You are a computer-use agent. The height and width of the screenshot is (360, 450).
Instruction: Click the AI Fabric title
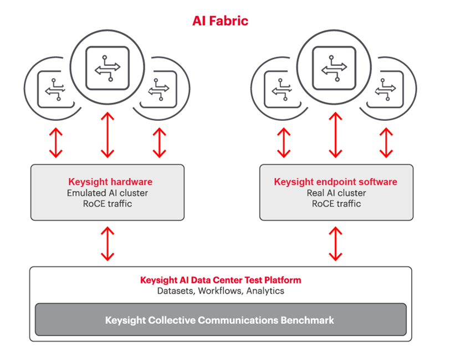point(220,21)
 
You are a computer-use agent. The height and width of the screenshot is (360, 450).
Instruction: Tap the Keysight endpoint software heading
point(335,182)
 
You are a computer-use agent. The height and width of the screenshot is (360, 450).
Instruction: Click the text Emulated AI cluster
point(108,193)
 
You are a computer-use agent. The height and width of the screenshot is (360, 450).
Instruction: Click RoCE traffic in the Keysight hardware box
point(108,203)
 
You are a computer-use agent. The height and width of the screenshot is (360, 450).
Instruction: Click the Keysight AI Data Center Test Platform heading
point(221,280)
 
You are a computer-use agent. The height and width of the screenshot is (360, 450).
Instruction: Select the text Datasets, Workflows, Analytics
point(221,290)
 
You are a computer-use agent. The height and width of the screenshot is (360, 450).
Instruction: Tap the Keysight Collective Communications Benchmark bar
point(221,320)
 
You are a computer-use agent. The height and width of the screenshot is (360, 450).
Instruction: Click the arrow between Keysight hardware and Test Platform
point(108,243)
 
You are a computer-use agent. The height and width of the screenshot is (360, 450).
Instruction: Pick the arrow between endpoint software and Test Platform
point(335,243)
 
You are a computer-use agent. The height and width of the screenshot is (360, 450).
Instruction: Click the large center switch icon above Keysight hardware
point(108,68)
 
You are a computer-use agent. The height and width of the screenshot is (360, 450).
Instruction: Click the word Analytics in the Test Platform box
point(265,290)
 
